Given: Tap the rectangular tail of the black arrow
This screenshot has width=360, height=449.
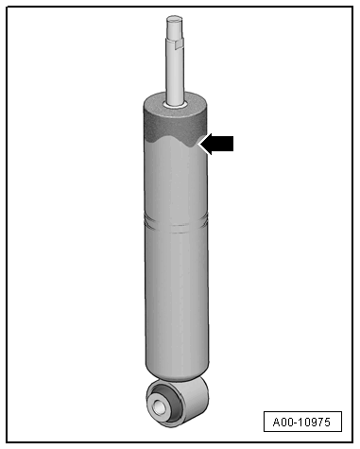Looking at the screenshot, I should [x=223, y=144].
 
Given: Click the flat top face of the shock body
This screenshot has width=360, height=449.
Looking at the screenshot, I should [x=156, y=102].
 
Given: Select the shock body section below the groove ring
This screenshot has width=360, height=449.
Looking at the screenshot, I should [x=175, y=293].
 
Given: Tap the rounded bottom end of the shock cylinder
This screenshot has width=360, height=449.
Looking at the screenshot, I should [x=177, y=371].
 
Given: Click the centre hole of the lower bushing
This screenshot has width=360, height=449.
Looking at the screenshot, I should [x=160, y=406].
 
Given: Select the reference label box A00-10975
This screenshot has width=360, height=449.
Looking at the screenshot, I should [x=300, y=422].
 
